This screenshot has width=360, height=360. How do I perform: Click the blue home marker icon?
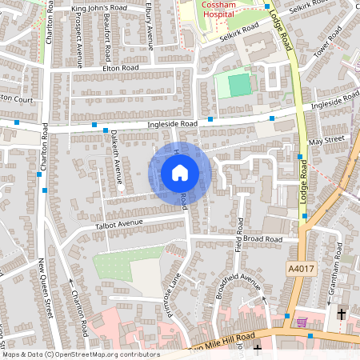pos(180,172)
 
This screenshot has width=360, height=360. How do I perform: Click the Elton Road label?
pos(121,69)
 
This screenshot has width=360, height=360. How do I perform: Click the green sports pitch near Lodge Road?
pos(238,83)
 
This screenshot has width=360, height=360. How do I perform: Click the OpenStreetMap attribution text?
pos(81,354)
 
